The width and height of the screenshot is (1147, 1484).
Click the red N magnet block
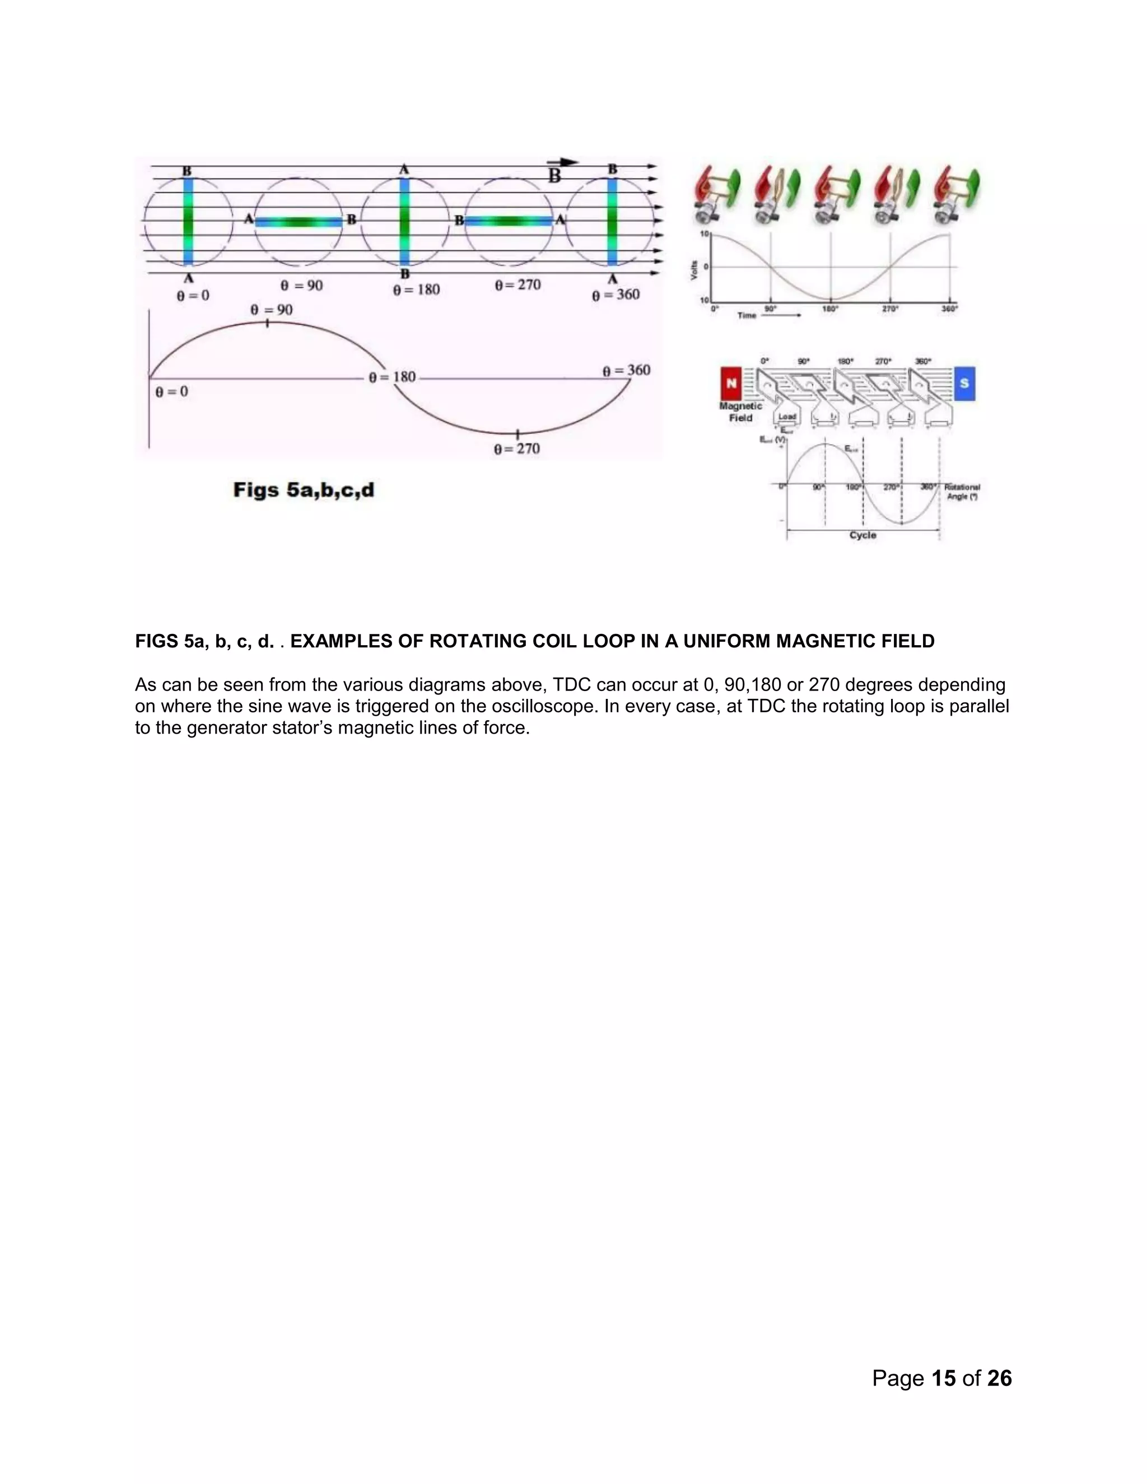[x=731, y=383]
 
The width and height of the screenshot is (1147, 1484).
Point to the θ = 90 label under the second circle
[x=302, y=286]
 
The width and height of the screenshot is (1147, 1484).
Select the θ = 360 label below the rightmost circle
[x=616, y=295]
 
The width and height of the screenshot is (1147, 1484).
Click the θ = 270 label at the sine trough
[x=517, y=449]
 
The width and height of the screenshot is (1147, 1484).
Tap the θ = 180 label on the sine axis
[x=393, y=377]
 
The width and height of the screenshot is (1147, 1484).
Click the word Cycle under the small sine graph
[x=863, y=535]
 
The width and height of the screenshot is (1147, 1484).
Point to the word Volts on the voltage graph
[x=694, y=270]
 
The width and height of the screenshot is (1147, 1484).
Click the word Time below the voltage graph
[x=747, y=315]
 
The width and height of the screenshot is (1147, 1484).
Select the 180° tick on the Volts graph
[x=831, y=309]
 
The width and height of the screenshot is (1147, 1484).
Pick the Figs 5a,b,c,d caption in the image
[x=304, y=490]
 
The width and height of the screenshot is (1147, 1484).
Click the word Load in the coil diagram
[x=787, y=417]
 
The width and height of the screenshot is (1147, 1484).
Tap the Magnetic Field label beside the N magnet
[x=740, y=412]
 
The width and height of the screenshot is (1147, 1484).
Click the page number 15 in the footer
[x=944, y=1378]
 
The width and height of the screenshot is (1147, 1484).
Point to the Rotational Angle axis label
[x=962, y=492]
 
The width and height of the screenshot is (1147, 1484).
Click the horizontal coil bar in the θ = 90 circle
[x=299, y=222]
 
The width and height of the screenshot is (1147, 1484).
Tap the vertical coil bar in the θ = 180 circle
[x=405, y=220]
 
